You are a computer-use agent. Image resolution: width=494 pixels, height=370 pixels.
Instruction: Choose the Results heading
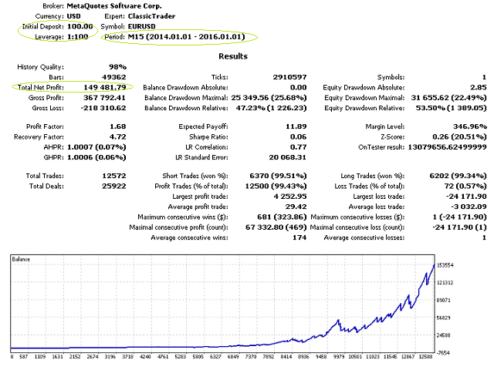click(x=233, y=56)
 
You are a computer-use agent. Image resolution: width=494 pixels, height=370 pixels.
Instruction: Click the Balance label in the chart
click(x=21, y=260)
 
